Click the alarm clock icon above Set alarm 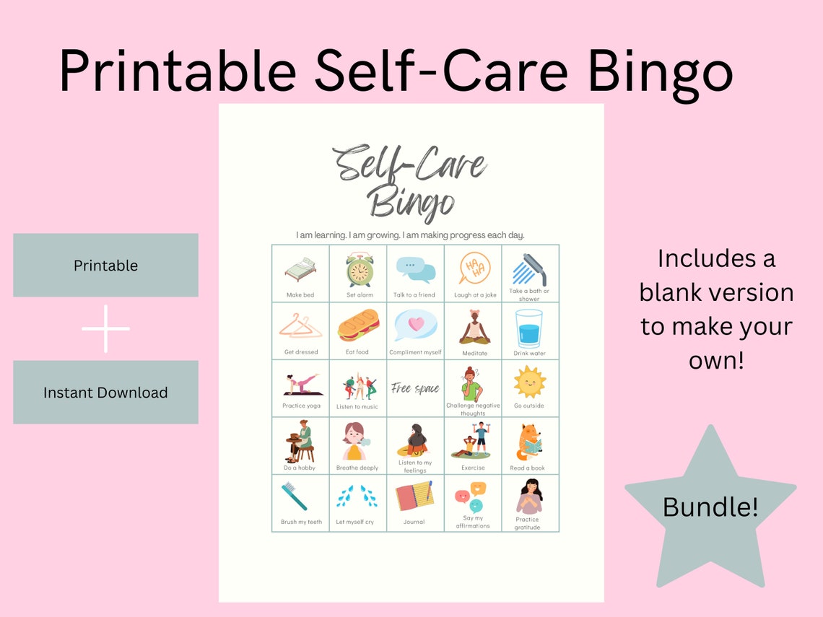point(359,270)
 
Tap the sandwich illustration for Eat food point(358,325)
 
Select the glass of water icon point(529,328)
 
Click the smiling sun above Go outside point(529,382)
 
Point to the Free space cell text point(415,389)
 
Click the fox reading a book point(529,442)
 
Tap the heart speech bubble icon point(415,325)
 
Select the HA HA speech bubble point(474,268)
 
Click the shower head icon point(529,269)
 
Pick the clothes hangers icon point(300,327)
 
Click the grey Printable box point(105,265)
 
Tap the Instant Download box point(105,393)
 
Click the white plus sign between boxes point(105,329)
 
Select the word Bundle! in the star point(710,507)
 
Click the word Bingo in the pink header point(661,71)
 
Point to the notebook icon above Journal point(414,496)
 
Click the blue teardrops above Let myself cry point(357,496)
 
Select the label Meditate point(474,353)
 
